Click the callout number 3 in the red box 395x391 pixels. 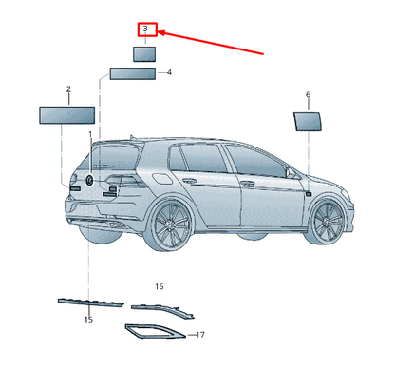coord(145,29)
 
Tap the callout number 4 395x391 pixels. coord(169,72)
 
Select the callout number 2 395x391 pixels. coord(68,89)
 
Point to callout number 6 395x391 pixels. coord(308,94)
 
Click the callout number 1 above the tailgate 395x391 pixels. coord(90,134)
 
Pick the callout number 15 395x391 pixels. coord(88,319)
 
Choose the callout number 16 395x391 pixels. coord(160,286)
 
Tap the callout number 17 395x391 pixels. coord(200,335)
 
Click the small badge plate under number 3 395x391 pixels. coord(144,54)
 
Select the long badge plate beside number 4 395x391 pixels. coord(133,74)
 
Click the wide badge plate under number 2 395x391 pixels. coord(66,115)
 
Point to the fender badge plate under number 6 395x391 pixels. coord(308,122)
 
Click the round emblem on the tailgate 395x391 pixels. coord(90,180)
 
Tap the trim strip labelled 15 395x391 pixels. coord(91,303)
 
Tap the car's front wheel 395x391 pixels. coord(327,222)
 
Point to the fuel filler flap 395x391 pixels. coord(161,179)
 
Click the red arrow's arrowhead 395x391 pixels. coord(161,32)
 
